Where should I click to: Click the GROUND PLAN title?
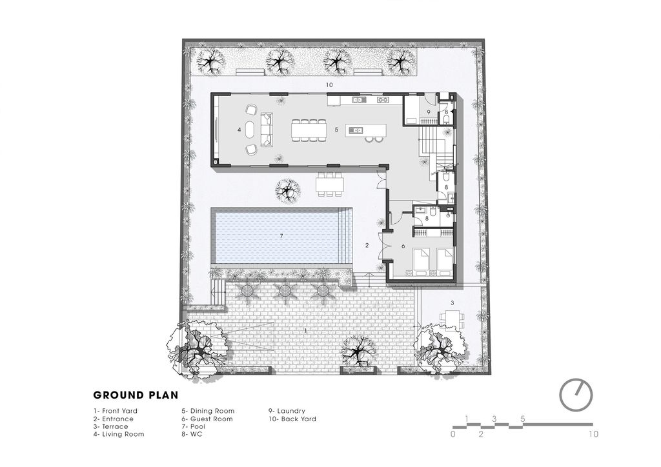(x=136, y=395)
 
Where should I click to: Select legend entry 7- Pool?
(x=194, y=426)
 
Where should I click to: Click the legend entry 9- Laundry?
(x=287, y=411)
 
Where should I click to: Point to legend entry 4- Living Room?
(x=119, y=434)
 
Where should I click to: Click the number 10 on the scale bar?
(x=593, y=434)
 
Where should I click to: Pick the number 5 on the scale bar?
(x=523, y=419)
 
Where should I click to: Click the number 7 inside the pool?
(x=281, y=236)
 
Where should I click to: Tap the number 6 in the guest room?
(x=403, y=246)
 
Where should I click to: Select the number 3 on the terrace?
(x=453, y=303)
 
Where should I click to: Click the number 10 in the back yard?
(x=329, y=84)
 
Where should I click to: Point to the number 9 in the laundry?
(x=429, y=112)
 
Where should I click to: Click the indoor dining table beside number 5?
(x=309, y=130)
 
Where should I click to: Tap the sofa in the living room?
(x=267, y=130)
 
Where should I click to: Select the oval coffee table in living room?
(x=250, y=130)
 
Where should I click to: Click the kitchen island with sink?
(x=366, y=130)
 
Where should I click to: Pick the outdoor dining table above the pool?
(x=330, y=184)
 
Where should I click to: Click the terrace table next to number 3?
(x=453, y=321)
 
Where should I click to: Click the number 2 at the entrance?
(x=367, y=245)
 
